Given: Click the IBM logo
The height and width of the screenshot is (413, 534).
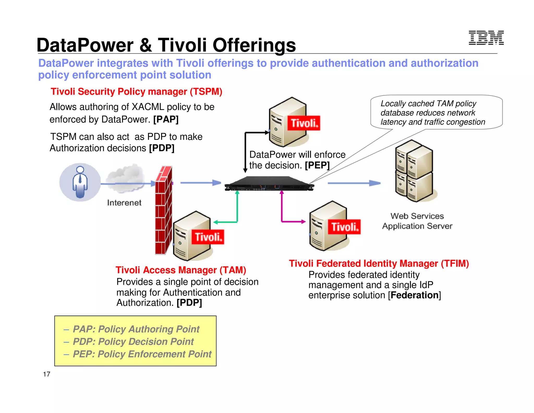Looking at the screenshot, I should [x=486, y=38].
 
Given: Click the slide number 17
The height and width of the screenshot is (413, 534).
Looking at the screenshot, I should [x=46, y=374].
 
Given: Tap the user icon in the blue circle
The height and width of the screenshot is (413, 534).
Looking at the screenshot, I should [x=80, y=182].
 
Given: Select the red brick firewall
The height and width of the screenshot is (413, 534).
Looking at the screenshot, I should [x=163, y=210].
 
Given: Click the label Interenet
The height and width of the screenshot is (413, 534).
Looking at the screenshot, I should [x=124, y=203].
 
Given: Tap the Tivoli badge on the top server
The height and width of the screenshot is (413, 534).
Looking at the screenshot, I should [x=304, y=123].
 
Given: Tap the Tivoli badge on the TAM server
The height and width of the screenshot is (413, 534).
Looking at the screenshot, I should [x=208, y=237].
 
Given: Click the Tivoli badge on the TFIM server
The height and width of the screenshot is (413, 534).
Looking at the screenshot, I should [x=344, y=227].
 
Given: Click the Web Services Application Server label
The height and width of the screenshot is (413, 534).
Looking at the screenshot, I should [x=417, y=221].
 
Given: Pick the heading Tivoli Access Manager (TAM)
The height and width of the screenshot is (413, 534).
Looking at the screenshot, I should [x=181, y=270].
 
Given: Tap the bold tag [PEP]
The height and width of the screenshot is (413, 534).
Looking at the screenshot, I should [x=317, y=165].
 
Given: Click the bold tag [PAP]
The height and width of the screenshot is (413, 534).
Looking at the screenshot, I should [x=166, y=119].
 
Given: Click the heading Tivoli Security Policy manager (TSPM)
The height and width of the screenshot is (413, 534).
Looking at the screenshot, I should [x=136, y=92].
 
